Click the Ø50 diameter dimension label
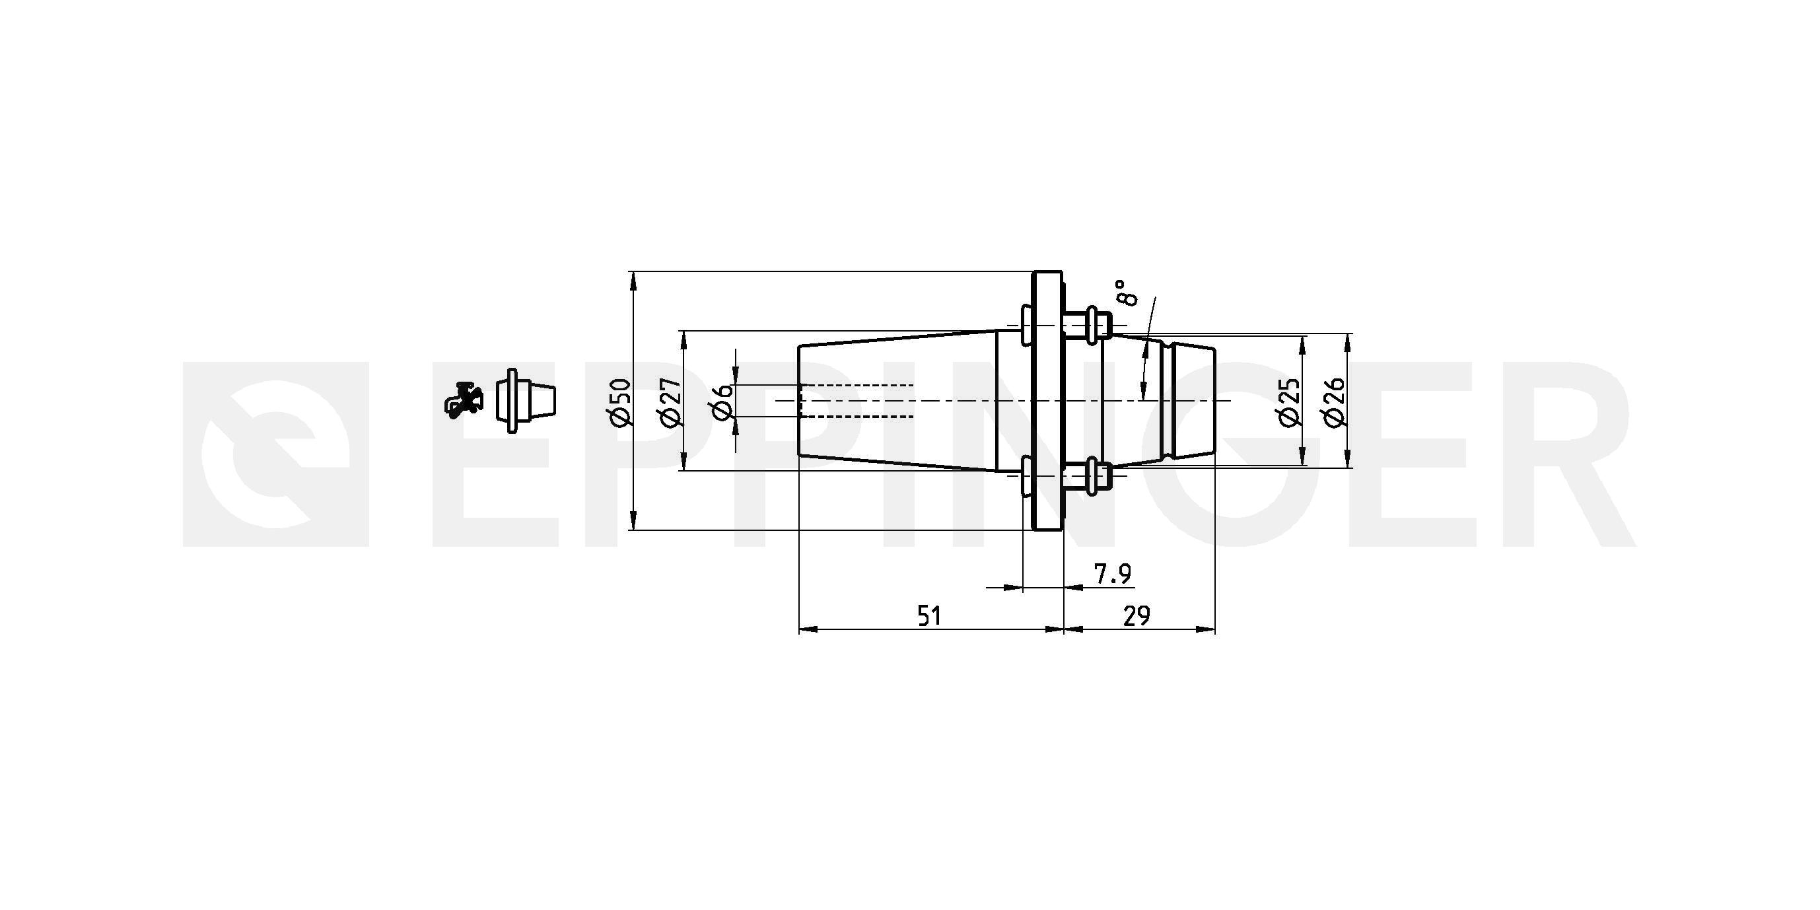(x=619, y=403)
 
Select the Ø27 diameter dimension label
(x=670, y=403)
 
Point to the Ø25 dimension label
(x=1290, y=402)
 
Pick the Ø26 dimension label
(x=1335, y=402)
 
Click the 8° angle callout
(x=1128, y=292)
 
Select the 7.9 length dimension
(x=1113, y=575)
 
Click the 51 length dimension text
(x=929, y=616)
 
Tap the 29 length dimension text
(x=1137, y=616)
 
